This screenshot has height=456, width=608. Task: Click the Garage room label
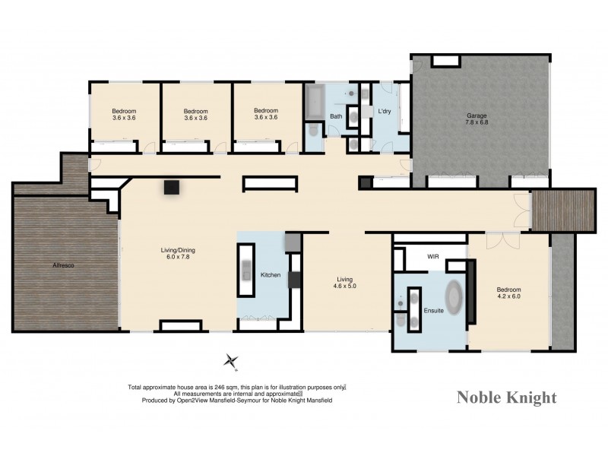(477, 116)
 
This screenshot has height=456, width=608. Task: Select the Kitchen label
(271, 274)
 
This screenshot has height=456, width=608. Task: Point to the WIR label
(434, 256)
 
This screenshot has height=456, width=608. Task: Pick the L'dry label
(385, 112)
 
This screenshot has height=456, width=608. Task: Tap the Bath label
(335, 116)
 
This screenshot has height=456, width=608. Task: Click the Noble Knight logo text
(506, 397)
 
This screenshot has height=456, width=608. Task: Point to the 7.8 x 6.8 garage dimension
(477, 123)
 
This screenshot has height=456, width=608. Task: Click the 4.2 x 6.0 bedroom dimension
(508, 297)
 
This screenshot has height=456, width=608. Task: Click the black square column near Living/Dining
(172, 187)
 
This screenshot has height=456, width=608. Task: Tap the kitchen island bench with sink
(247, 270)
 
